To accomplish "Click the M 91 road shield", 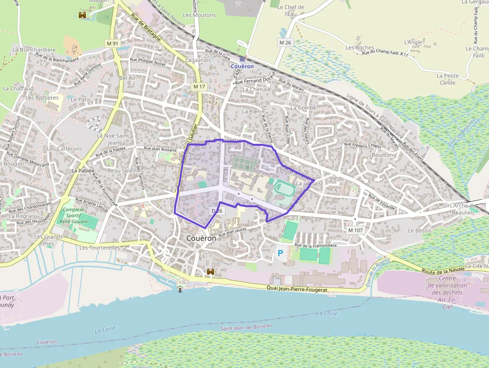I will pos(113,43).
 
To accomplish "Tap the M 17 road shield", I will pos(199,87).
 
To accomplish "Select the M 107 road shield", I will pos(356,230).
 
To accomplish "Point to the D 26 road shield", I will pos(217,211).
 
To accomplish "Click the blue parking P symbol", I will pos(280,253).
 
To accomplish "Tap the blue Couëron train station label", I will pos(243,66).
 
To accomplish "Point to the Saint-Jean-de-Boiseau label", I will pos(246,326).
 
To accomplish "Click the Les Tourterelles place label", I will pos(100,247).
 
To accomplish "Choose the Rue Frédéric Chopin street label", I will pos(363,145).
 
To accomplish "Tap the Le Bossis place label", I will pos(420,231).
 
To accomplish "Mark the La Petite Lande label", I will pos(448,79).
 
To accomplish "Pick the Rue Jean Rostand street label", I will pos(160,149).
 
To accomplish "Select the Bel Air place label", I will pos(128,78).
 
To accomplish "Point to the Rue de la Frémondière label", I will pos(316,245).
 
